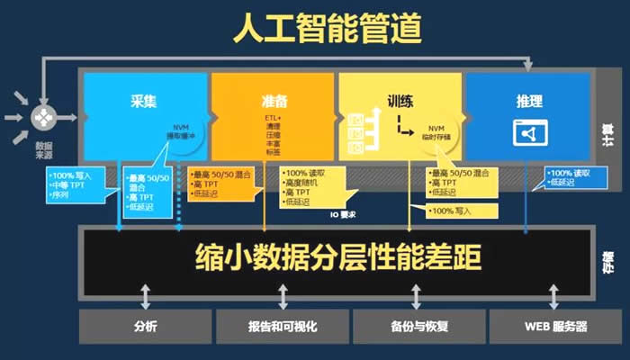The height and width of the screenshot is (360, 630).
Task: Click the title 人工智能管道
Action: [x=315, y=29]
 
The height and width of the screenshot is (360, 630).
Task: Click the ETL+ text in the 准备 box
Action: [x=274, y=117]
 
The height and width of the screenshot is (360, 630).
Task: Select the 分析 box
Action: [x=143, y=327]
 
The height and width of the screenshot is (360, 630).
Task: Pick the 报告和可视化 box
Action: [x=281, y=327]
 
